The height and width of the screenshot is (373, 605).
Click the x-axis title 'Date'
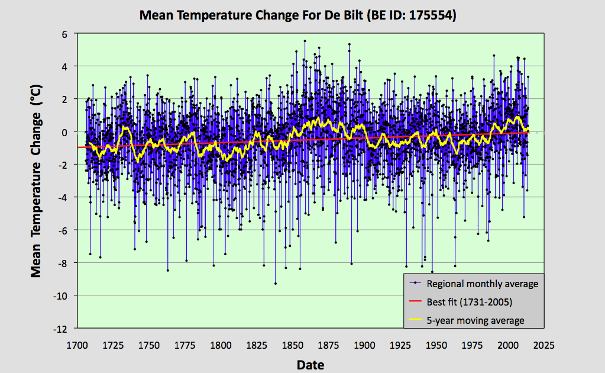tap(310, 364)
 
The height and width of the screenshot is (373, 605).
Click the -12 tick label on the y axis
tap(61, 328)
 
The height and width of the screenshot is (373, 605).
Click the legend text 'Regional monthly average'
tap(483, 284)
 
